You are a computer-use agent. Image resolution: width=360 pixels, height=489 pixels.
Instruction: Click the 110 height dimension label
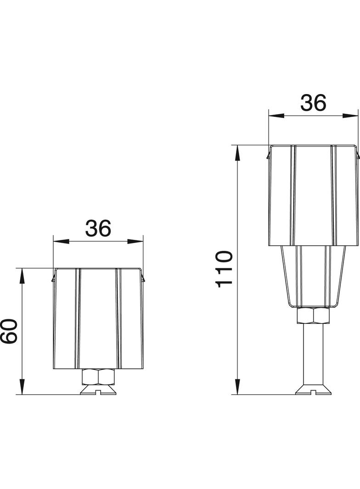pos(225,269)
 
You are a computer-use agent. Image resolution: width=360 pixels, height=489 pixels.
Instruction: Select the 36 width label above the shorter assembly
pos(98,228)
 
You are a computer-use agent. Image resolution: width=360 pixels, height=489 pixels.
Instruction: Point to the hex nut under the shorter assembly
pos(98,377)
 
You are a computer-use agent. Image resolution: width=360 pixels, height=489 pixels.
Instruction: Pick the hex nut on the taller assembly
pos(313,316)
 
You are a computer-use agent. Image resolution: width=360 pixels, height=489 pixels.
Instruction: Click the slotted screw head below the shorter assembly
pos(98,390)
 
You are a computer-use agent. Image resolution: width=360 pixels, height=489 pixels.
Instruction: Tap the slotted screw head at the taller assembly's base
pos(313,390)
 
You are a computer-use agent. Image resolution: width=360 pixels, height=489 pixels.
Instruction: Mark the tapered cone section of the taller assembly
pos(313,275)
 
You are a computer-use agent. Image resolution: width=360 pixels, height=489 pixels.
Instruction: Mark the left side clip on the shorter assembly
pos(53,278)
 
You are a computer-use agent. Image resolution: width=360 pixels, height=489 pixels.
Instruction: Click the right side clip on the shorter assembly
pos(144,278)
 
